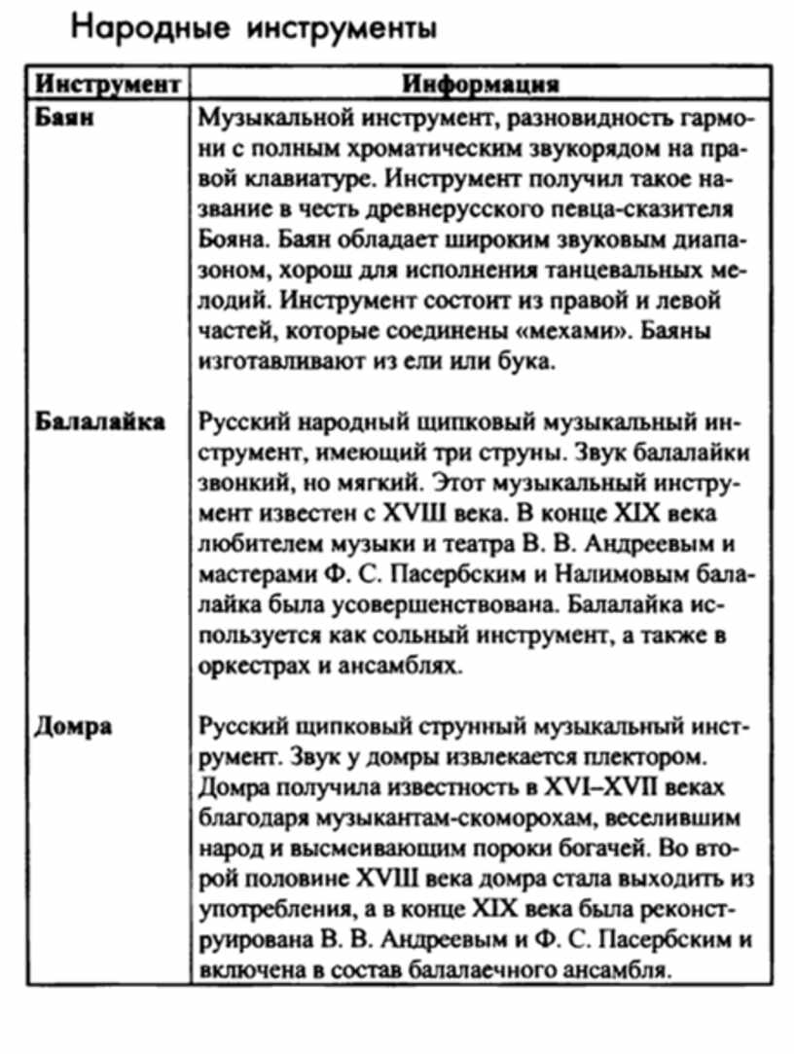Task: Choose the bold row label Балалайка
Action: click(x=100, y=422)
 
